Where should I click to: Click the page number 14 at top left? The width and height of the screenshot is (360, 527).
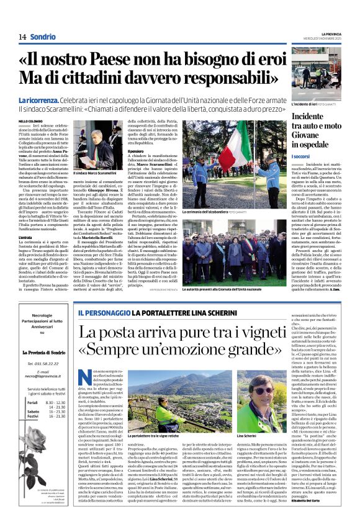click(22, 37)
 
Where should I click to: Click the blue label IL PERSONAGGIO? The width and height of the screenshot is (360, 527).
click(101, 312)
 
